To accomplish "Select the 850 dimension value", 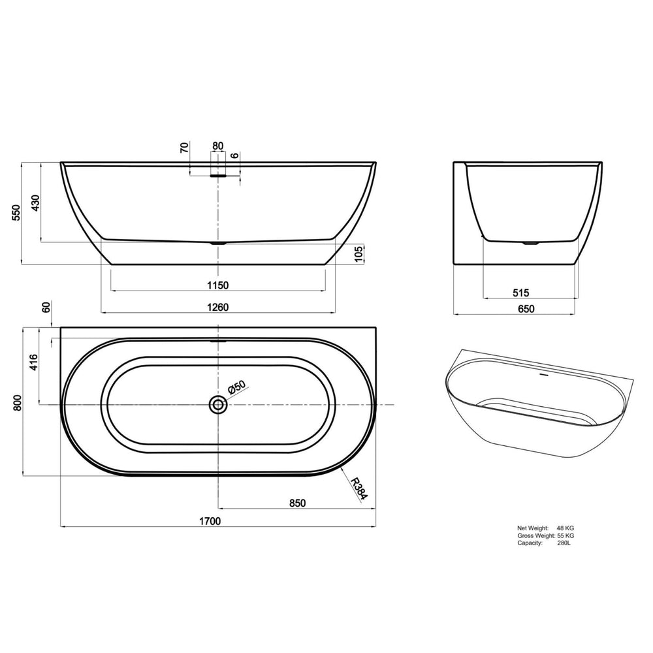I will pyautogui.click(x=296, y=503).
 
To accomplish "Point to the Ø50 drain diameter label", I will pyautogui.click(x=236, y=388).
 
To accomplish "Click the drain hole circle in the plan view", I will pyautogui.click(x=218, y=406).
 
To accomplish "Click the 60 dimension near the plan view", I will pyautogui.click(x=45, y=308).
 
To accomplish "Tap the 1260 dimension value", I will pyautogui.click(x=217, y=307).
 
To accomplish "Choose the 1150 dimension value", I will pyautogui.click(x=217, y=285).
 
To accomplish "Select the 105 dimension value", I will pyautogui.click(x=358, y=254).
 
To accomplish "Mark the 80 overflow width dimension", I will pyautogui.click(x=217, y=146).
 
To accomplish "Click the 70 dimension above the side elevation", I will pyautogui.click(x=185, y=147).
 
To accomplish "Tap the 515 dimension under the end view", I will pyautogui.click(x=520, y=293).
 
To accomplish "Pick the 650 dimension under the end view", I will pyautogui.click(x=526, y=309).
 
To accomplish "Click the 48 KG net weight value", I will pyautogui.click(x=565, y=528).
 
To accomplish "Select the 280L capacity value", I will pyautogui.click(x=564, y=543).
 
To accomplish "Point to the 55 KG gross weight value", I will pyautogui.click(x=565, y=535).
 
